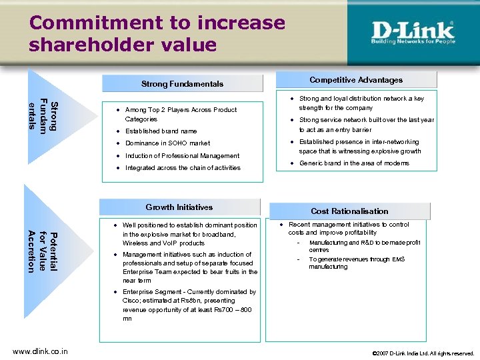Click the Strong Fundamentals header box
pyautogui.click(x=182, y=84)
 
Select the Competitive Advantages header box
pyautogui.click(x=356, y=80)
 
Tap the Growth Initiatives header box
pyautogui.click(x=179, y=207)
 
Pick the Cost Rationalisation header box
pyautogui.click(x=349, y=211)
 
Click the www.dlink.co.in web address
pyautogui.click(x=39, y=352)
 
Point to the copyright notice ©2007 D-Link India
pyautogui.click(x=423, y=353)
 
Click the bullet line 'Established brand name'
pyautogui.click(x=161, y=131)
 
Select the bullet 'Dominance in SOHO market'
pyautogui.click(x=167, y=143)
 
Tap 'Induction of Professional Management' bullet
pyautogui.click(x=182, y=155)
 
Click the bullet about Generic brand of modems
pyautogui.click(x=354, y=163)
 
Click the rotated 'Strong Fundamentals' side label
pyautogui.click(x=44, y=115)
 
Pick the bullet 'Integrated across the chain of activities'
pyautogui.click(x=183, y=168)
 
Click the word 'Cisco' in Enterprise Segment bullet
pyautogui.click(x=133, y=301)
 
